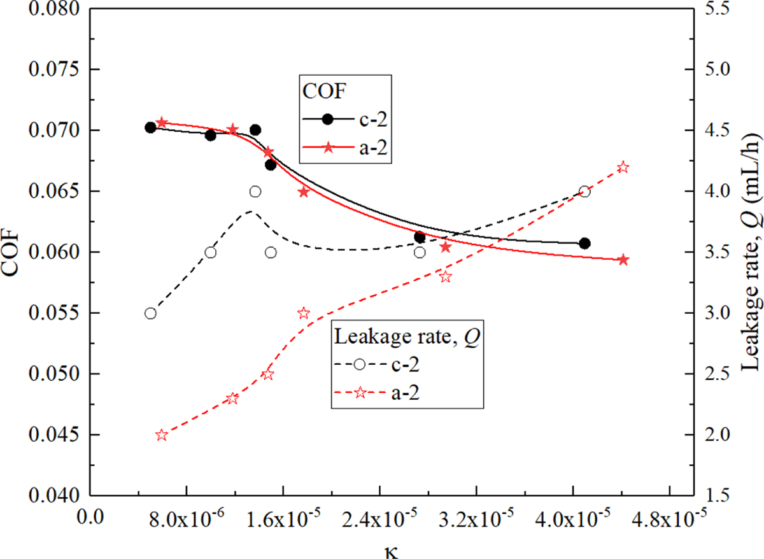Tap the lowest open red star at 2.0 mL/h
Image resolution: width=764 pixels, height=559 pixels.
(162, 435)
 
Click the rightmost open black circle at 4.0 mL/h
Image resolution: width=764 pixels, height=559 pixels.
(584, 192)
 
